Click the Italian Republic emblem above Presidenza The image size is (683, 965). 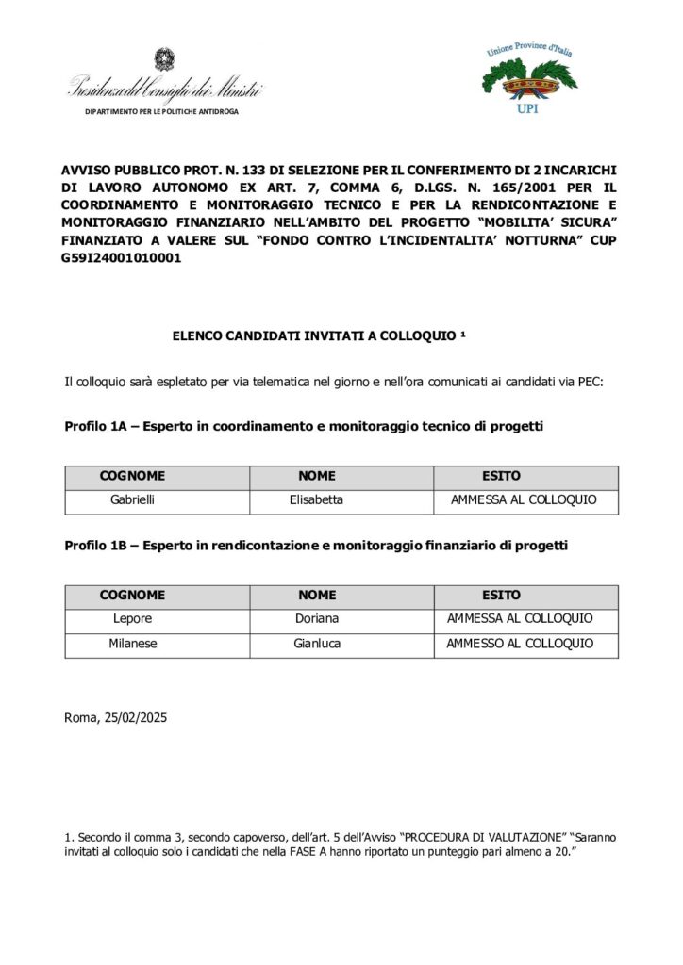[x=164, y=61]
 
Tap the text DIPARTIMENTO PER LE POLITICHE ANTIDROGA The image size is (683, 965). [x=161, y=111]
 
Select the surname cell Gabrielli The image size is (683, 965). [x=132, y=500]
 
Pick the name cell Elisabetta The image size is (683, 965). [x=316, y=500]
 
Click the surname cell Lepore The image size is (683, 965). [x=132, y=619]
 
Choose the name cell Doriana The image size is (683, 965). [x=316, y=619]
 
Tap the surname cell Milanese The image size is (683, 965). [x=132, y=644]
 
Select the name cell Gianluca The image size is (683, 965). [x=316, y=644]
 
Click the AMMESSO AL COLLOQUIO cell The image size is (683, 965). [x=520, y=644]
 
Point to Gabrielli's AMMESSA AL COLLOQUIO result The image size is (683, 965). [x=524, y=500]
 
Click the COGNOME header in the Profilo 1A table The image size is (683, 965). [x=132, y=477]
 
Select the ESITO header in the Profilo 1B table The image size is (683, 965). [x=501, y=596]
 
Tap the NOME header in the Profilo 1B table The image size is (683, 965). [x=316, y=596]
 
